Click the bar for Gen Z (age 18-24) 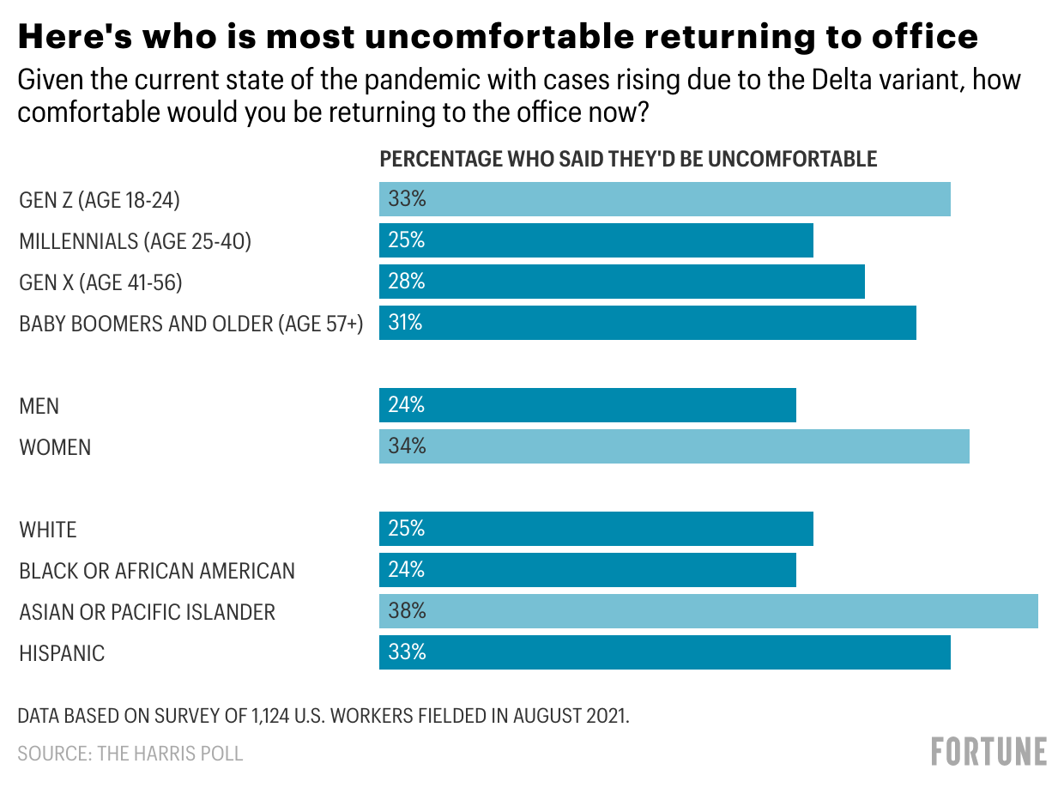(x=665, y=199)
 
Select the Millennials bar (x=596, y=240)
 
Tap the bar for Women (x=674, y=446)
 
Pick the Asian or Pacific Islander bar (x=709, y=611)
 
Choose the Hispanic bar (x=665, y=652)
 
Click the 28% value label (x=407, y=282)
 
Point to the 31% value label (x=406, y=323)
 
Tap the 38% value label (x=407, y=611)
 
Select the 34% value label (x=407, y=446)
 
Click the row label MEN (x=39, y=406)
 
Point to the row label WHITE (x=48, y=530)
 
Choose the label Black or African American (x=157, y=571)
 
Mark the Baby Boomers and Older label (x=191, y=324)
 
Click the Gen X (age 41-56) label (x=101, y=282)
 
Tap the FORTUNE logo (x=988, y=751)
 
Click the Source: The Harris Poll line (x=130, y=754)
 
